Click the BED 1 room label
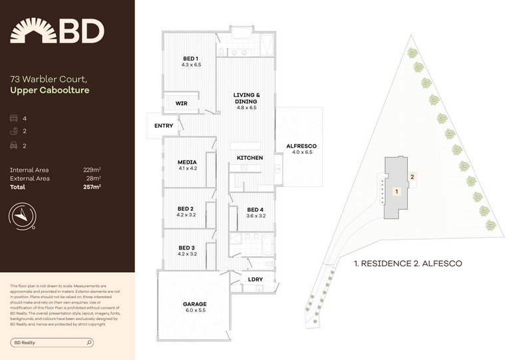(x=190, y=59)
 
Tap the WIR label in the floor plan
(x=181, y=104)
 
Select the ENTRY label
(x=164, y=126)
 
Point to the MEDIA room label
(x=187, y=162)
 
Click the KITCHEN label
(x=250, y=158)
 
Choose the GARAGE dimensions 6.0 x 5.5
(x=196, y=310)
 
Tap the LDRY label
(x=255, y=279)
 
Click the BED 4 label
(x=255, y=210)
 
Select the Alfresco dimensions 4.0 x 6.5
(x=302, y=152)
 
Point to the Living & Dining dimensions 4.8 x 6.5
(x=246, y=108)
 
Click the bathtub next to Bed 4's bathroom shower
(x=268, y=245)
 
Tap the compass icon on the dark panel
(x=22, y=216)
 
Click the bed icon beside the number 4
(x=13, y=118)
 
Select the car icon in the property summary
(x=13, y=146)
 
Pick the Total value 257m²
(x=92, y=187)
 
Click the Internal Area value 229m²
(x=92, y=170)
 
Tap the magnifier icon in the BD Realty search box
(x=89, y=343)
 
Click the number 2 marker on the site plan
(x=413, y=177)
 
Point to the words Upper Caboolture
(x=50, y=90)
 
